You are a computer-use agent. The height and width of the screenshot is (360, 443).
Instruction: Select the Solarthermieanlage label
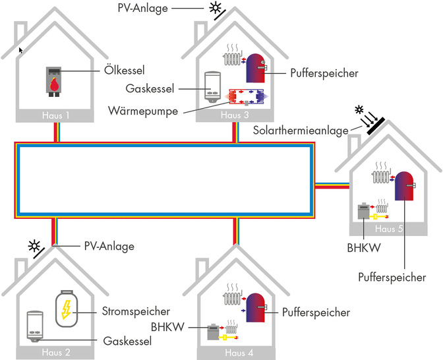coord(301,131)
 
